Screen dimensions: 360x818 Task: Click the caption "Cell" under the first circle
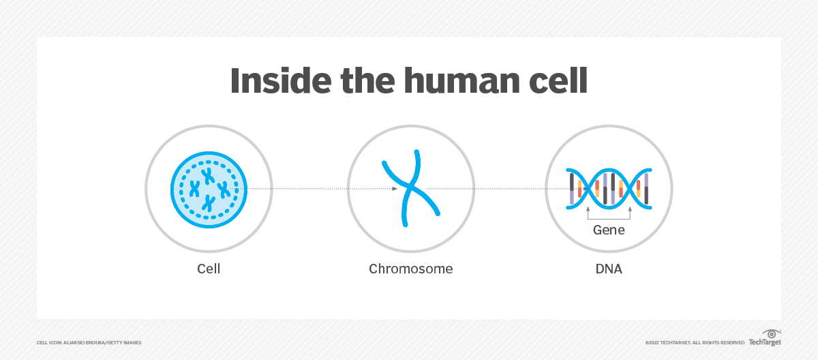(x=208, y=269)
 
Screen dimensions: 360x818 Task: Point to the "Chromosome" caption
(x=410, y=269)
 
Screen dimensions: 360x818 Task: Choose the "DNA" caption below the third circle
(x=609, y=269)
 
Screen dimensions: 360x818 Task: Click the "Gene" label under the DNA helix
(x=609, y=230)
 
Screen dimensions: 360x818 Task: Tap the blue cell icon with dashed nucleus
(x=208, y=189)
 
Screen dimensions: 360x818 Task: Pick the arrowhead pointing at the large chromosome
(x=395, y=189)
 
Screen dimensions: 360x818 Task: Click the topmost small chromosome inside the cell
(x=207, y=174)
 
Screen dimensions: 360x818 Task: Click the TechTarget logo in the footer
(x=765, y=339)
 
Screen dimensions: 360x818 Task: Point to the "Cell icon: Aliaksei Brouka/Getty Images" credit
(x=89, y=342)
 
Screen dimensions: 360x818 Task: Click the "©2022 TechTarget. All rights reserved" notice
(x=695, y=342)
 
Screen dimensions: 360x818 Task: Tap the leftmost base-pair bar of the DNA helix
(x=572, y=188)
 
